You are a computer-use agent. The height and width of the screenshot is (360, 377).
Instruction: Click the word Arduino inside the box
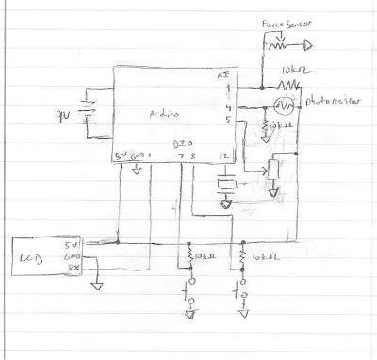click(167, 112)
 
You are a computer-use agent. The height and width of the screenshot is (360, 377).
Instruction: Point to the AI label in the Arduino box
click(223, 75)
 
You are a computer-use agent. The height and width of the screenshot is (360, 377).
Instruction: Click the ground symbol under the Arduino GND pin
click(138, 171)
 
